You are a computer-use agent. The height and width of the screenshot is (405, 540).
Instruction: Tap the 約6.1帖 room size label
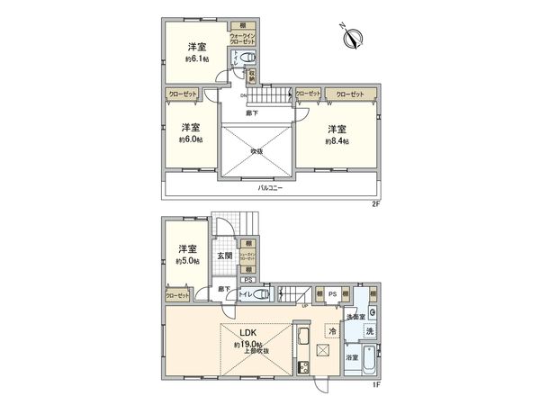[x=198, y=59]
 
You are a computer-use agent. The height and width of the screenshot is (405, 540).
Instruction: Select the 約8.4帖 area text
[x=337, y=140]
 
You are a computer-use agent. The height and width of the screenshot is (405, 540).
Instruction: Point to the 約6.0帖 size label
[x=189, y=140]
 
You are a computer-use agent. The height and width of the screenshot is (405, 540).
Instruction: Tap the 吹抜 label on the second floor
[x=256, y=151]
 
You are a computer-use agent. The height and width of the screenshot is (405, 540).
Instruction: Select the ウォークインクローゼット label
[x=242, y=38]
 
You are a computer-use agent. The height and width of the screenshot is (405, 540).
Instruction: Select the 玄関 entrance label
[x=225, y=256]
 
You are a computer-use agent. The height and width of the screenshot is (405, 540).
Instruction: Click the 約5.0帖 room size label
[x=187, y=262]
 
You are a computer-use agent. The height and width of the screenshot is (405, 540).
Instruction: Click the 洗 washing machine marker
[x=370, y=332]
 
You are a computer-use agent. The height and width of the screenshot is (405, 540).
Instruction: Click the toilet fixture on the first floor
[x=262, y=293]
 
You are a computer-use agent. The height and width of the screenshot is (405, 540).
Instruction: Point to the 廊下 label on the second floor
[x=253, y=113]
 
